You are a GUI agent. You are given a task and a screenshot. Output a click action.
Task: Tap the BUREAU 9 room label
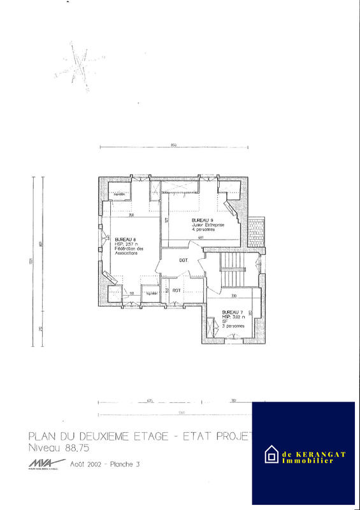pyautogui.click(x=202, y=220)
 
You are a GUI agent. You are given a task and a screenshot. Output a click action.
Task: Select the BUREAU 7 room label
pyautogui.click(x=232, y=312)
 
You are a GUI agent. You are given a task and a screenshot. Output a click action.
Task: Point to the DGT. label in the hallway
pyautogui.click(x=184, y=261)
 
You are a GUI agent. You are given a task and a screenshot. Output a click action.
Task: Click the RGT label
pyautogui.click(x=177, y=290)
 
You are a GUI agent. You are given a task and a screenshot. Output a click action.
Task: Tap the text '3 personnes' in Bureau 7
pyautogui.click(x=233, y=326)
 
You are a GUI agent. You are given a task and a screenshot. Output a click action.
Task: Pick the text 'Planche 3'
pyautogui.click(x=125, y=464)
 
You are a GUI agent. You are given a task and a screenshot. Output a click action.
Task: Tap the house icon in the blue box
pyautogui.click(x=271, y=455)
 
